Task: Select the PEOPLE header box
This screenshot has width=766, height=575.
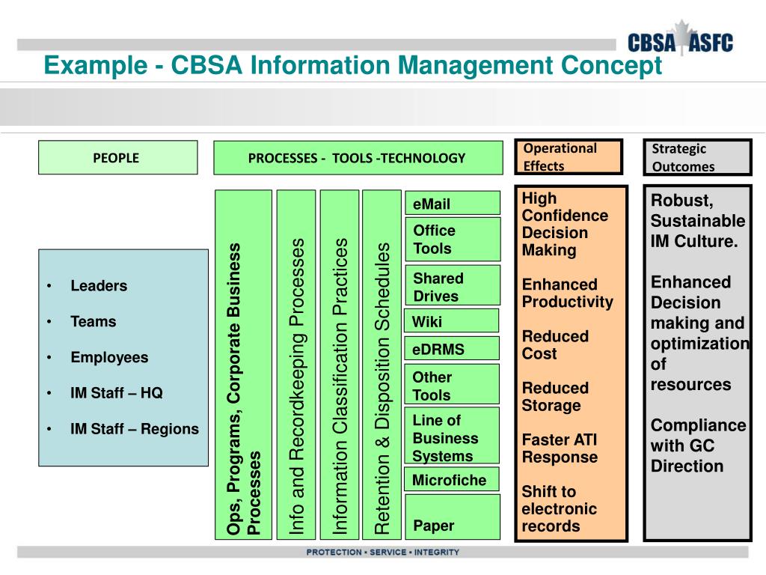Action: click(118, 157)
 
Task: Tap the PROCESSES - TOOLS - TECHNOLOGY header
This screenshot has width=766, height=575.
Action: click(357, 157)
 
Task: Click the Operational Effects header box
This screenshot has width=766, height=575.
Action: click(569, 157)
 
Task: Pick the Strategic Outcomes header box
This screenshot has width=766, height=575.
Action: click(697, 157)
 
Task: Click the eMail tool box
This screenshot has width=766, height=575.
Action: click(452, 204)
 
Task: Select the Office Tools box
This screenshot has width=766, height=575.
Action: click(452, 240)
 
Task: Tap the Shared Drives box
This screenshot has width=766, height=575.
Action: click(452, 287)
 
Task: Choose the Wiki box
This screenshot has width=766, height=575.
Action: click(451, 321)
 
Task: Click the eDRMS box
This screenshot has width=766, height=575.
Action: click(451, 349)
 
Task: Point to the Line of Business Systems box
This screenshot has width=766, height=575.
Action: click(451, 438)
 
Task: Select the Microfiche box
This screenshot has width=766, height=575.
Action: click(451, 480)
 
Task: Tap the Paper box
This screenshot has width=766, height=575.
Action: click(451, 525)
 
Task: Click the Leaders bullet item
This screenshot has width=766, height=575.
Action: click(99, 286)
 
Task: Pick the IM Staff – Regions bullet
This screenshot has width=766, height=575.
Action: click(135, 429)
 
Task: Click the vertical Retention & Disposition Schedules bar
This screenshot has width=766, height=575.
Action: click(382, 364)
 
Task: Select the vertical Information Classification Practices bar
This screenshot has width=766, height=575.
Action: click(340, 364)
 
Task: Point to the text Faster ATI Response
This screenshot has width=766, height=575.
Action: click(560, 448)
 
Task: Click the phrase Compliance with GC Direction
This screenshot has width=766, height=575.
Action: click(697, 446)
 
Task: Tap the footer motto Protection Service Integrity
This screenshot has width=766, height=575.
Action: click(382, 553)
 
